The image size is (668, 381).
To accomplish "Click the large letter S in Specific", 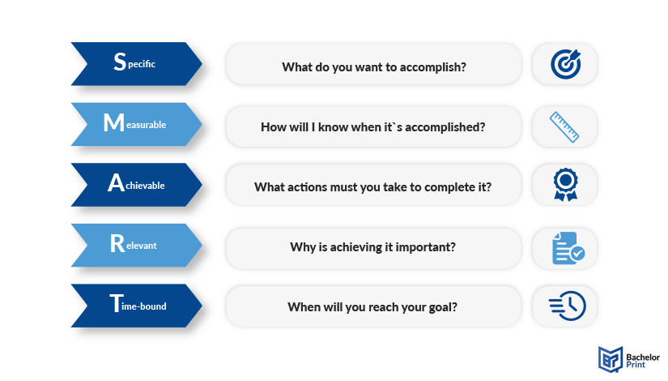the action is point(120,62).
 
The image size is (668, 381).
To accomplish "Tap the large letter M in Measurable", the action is point(113,122).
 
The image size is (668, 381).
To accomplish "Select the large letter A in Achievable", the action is point(116,182).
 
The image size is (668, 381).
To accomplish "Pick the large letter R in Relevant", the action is point(117,244).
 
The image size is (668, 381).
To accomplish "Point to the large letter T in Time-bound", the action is point(117,303).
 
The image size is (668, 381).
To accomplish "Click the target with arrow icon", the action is point(565,64).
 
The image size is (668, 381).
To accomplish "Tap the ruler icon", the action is point(564,126).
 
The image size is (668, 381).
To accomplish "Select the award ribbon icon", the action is point(565,184).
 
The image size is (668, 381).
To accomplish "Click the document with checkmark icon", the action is point(568,248).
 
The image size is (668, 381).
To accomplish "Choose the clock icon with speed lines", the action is point(568,306).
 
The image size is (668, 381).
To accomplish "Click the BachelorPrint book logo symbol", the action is point(611,359).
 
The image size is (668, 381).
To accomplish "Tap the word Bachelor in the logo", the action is point(643,357).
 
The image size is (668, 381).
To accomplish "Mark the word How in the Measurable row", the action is point(271,127).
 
